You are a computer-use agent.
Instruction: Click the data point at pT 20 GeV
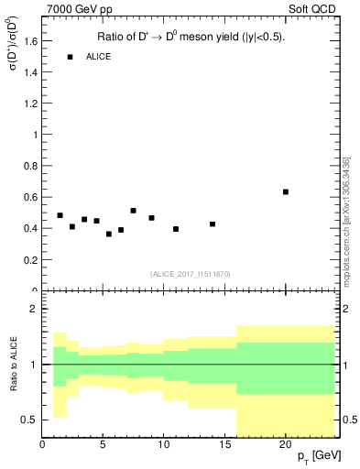tap(286, 191)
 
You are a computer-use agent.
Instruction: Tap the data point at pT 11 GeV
tap(176, 229)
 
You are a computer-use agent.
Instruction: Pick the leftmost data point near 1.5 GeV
tap(60, 215)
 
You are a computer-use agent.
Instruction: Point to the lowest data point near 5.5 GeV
tap(109, 234)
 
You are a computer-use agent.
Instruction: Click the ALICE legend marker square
tap(70, 57)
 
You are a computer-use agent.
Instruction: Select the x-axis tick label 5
tap(104, 442)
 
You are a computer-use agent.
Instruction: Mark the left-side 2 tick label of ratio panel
tap(34, 309)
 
